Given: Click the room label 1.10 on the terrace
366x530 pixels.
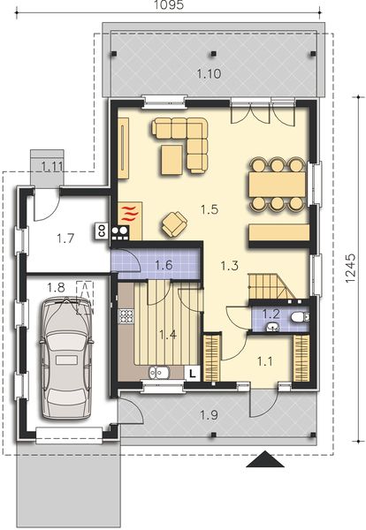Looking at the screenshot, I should pyautogui.click(x=210, y=73).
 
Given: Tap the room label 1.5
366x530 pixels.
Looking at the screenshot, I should pyautogui.click(x=210, y=209).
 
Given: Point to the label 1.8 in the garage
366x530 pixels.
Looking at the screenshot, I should pyautogui.click(x=56, y=287).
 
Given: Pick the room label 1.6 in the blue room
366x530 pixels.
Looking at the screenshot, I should pyautogui.click(x=164, y=264).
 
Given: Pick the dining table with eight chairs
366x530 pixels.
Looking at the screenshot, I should pyautogui.click(x=274, y=184).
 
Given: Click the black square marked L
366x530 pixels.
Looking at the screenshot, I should pyautogui.click(x=191, y=373).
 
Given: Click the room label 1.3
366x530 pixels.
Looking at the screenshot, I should pyautogui.click(x=229, y=264).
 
